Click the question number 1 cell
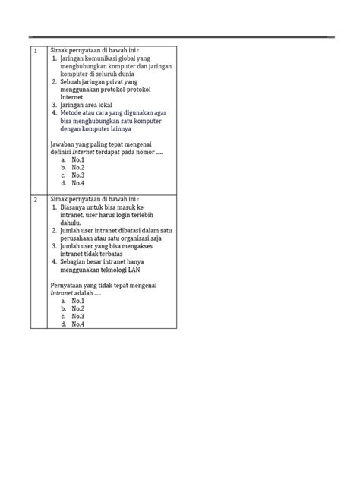coord(35,52)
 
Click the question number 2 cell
coord(35,199)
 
